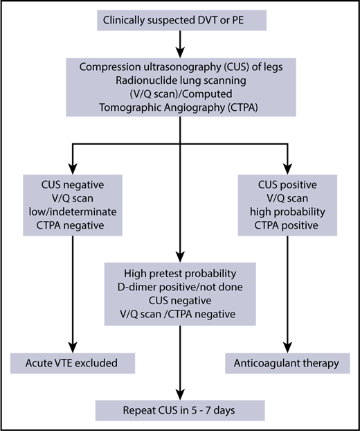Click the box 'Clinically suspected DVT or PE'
179,21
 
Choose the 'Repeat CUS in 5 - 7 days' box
180,409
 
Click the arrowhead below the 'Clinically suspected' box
180,51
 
